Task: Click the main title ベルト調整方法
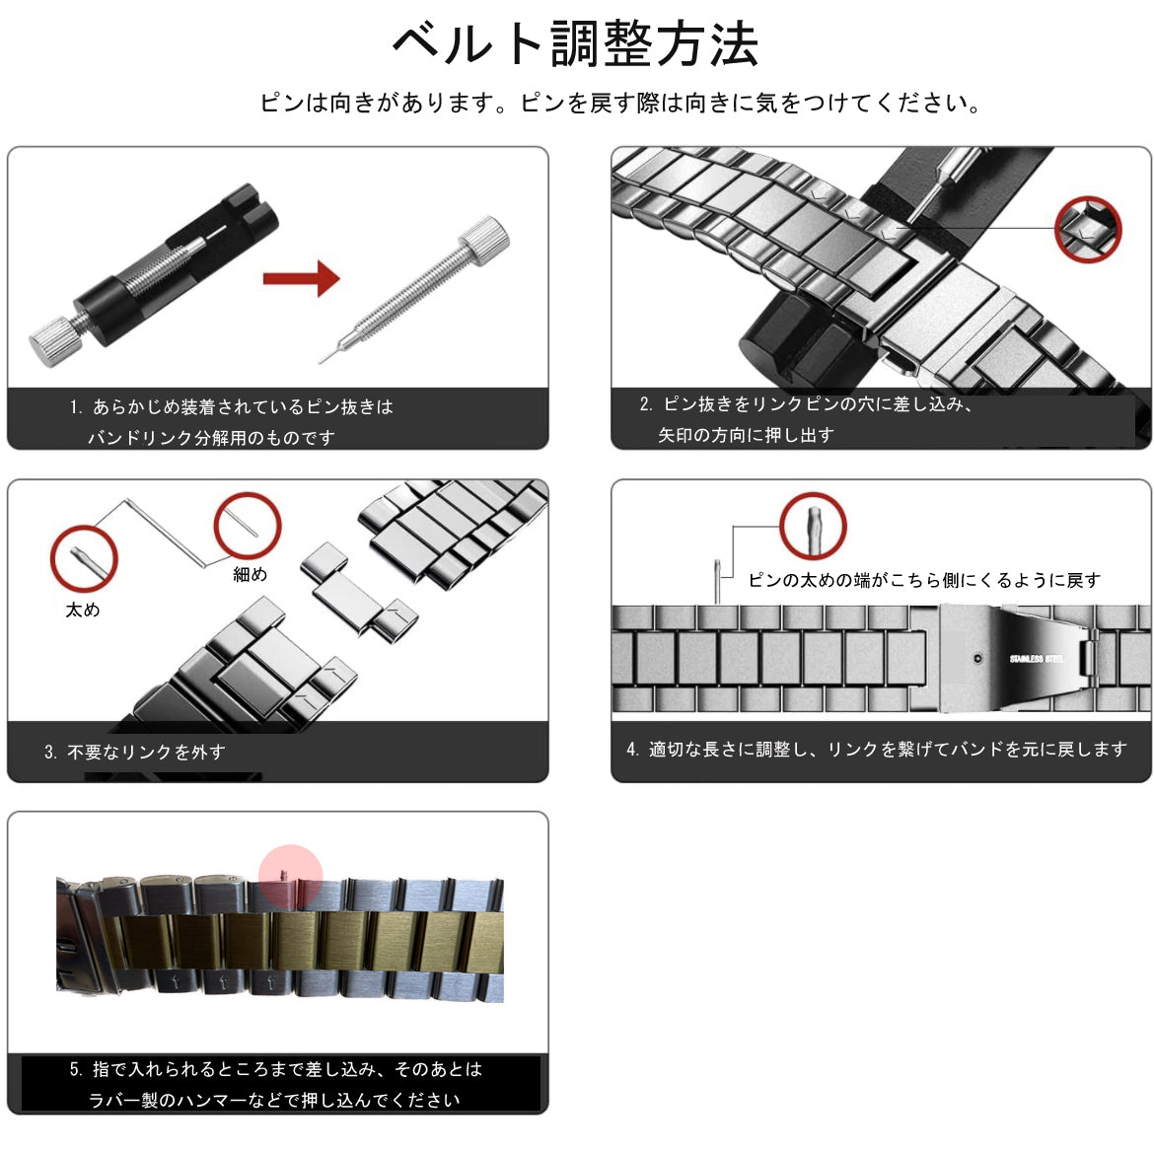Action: click(x=576, y=44)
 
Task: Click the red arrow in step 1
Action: click(x=302, y=278)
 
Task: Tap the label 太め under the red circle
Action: click(x=83, y=610)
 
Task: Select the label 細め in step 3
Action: click(x=250, y=574)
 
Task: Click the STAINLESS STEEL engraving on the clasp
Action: click(x=1037, y=659)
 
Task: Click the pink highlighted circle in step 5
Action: click(x=290, y=877)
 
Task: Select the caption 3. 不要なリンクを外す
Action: click(x=135, y=753)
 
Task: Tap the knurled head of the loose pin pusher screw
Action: click(x=484, y=240)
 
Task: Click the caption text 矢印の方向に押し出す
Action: click(x=746, y=435)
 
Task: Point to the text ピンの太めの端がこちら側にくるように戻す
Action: click(x=924, y=580)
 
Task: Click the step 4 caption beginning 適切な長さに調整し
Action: click(x=877, y=750)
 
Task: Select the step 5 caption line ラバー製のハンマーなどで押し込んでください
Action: click(x=274, y=1101)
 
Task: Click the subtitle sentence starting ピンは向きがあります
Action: click(x=619, y=103)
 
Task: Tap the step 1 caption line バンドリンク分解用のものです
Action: click(x=211, y=438)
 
